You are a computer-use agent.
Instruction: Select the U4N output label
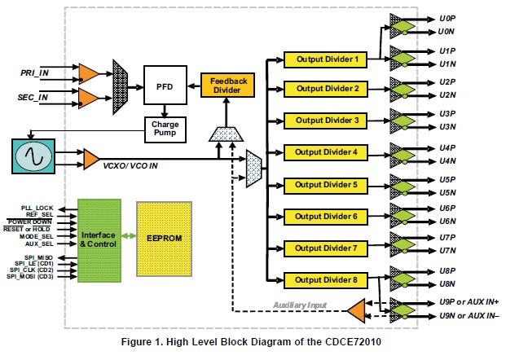pos(447,159)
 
